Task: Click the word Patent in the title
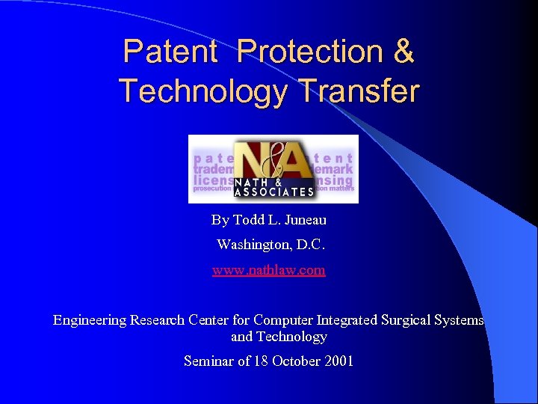[170, 52]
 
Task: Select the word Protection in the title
[309, 52]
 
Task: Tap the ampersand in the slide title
[402, 52]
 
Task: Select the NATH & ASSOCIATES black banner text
[273, 187]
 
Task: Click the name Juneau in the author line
[305, 220]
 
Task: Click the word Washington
[252, 245]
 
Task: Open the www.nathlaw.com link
[269, 270]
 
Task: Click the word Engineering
[90, 320]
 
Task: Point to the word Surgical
[409, 320]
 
